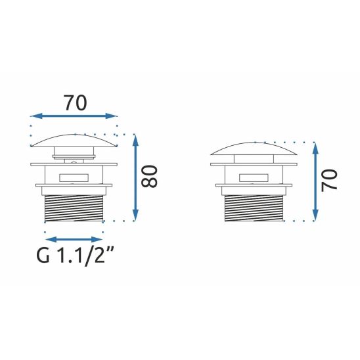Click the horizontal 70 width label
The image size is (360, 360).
[75, 102]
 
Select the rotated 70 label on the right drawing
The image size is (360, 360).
[330, 179]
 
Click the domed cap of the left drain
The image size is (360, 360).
[74, 139]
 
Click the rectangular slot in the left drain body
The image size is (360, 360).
[74, 177]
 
